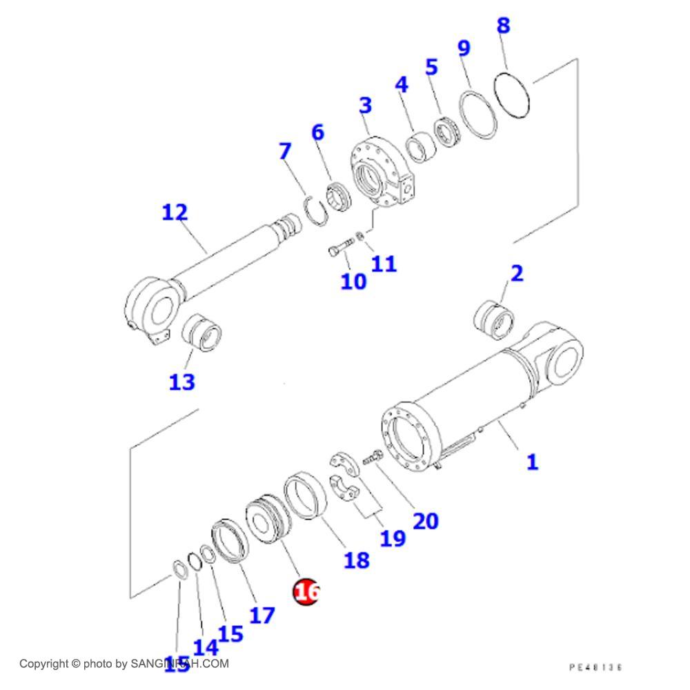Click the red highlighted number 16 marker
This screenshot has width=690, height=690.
pos(306,592)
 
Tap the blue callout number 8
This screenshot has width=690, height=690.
pos(503,26)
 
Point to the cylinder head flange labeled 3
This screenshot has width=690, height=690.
pos(380,172)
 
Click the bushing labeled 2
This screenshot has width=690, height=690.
pos(493,319)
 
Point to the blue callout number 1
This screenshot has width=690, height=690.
pos(531,462)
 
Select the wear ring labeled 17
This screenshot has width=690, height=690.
pos(230,541)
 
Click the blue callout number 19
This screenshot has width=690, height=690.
pos(393,538)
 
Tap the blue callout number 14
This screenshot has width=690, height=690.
pos(205,647)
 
